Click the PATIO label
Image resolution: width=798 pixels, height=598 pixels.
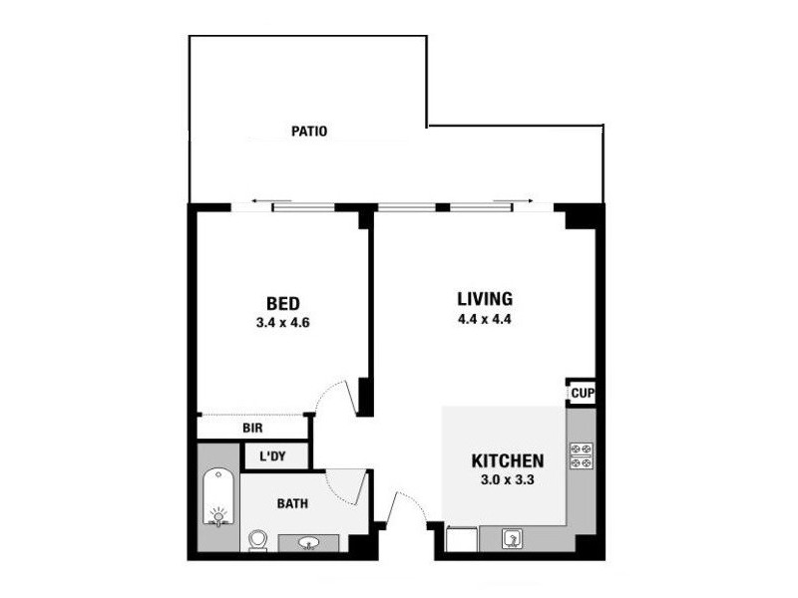click(309, 131)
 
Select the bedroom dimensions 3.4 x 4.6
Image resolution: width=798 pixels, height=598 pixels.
click(283, 323)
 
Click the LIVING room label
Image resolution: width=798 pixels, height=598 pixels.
click(485, 298)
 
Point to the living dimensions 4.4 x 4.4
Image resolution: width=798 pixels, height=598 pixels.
click(485, 320)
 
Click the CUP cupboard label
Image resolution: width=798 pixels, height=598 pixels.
click(583, 394)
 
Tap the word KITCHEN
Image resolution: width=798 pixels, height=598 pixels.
click(508, 461)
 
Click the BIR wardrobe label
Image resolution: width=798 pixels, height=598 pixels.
click(253, 429)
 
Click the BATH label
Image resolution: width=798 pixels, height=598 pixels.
click(293, 504)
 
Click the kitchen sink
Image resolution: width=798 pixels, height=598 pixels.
click(511, 539)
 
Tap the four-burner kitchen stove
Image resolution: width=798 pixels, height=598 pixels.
click(582, 456)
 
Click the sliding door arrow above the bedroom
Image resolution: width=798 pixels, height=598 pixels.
click(261, 202)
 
